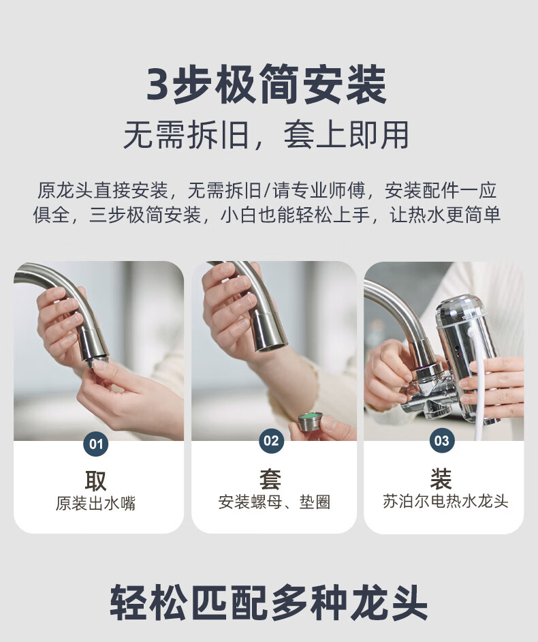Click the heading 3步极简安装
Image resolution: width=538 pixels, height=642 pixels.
[x=266, y=85]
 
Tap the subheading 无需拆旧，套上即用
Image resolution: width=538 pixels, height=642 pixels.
[x=266, y=135]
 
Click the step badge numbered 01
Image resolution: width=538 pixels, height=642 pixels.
[x=96, y=444]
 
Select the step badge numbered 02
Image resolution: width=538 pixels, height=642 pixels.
[x=271, y=440]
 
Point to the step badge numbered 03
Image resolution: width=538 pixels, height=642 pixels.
[x=442, y=440]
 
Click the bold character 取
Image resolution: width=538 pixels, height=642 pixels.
[x=96, y=480]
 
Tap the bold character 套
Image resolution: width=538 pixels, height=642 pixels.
[x=270, y=479]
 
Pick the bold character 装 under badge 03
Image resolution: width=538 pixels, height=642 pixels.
[x=441, y=478]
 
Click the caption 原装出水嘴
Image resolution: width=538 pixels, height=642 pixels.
[x=96, y=503]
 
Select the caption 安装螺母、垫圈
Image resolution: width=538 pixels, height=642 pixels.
[x=274, y=502]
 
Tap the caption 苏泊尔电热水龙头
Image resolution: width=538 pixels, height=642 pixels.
[x=445, y=501]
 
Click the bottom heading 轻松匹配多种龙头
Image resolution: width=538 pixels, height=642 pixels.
[x=269, y=602]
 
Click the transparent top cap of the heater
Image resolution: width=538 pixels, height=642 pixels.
[x=462, y=312]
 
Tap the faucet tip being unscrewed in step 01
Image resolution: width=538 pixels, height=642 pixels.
[x=98, y=361]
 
